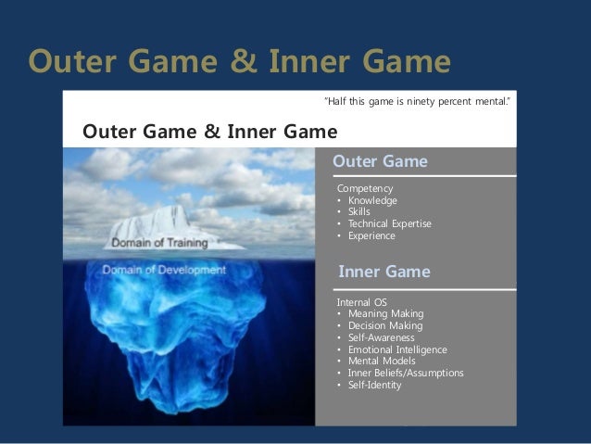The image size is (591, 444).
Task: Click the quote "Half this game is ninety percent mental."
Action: tap(416, 100)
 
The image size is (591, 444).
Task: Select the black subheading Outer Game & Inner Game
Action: tap(210, 130)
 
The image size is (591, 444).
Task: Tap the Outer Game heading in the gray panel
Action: tap(380, 161)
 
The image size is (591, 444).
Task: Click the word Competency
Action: tap(364, 189)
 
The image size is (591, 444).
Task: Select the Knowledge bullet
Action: tap(371, 200)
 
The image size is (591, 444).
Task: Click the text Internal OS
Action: tap(362, 302)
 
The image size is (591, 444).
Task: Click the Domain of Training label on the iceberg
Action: tap(160, 243)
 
